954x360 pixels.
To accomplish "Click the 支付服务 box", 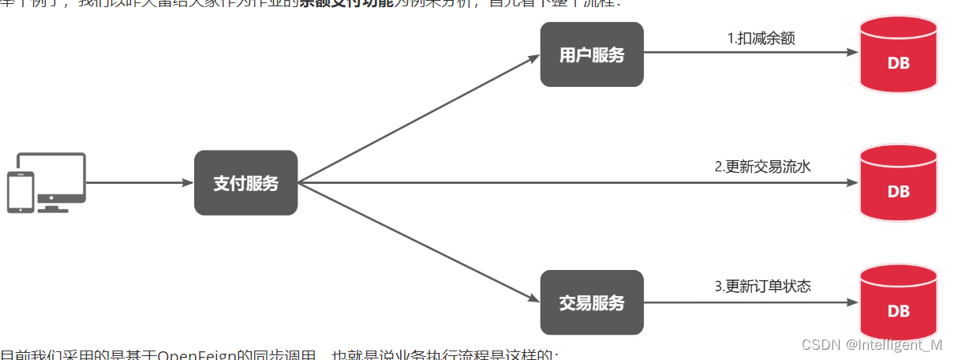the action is (245, 182).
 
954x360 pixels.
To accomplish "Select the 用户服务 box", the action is (591, 54).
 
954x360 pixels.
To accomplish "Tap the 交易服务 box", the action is (591, 302).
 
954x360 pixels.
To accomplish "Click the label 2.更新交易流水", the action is (762, 167).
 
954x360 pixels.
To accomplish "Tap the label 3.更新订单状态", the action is (762, 286).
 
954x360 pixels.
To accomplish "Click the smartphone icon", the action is (21, 193).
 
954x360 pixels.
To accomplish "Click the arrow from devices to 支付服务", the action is (139, 182).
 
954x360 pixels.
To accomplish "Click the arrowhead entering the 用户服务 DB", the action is (851, 52).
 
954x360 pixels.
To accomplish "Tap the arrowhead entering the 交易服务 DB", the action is (851, 302).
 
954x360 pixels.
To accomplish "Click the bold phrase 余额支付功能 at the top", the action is (345, 3).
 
